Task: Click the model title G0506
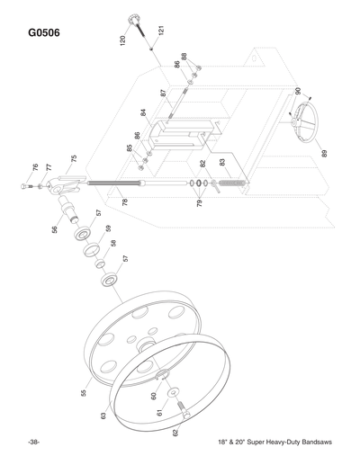(x=44, y=33)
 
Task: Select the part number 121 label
(x=160, y=31)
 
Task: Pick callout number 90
(x=298, y=92)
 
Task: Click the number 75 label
(x=74, y=159)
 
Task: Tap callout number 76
(x=35, y=167)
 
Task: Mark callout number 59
(x=107, y=228)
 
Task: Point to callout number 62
(x=175, y=433)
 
